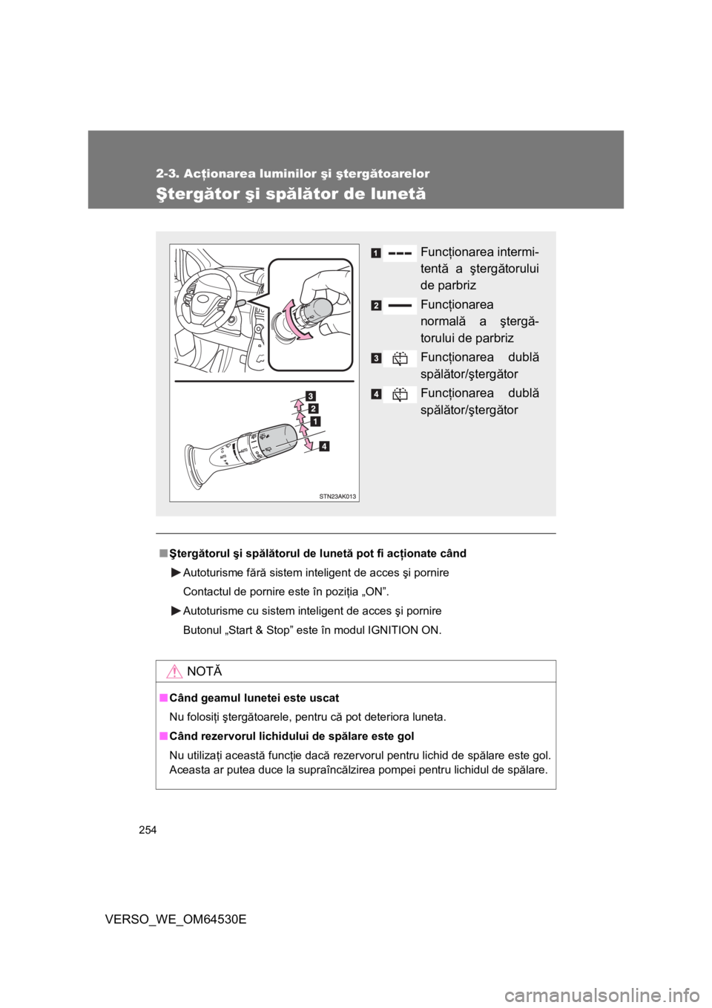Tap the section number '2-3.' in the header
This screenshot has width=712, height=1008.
[169, 174]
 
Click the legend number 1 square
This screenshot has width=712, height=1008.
[378, 253]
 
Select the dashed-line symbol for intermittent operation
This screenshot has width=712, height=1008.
[399, 253]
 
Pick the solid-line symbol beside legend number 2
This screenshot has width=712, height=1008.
[399, 305]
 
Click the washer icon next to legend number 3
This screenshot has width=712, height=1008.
[400, 359]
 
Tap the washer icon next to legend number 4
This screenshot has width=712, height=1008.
[400, 394]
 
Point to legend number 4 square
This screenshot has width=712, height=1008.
[378, 393]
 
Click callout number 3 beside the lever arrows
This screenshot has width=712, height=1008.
[308, 394]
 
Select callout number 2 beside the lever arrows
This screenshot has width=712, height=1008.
[314, 408]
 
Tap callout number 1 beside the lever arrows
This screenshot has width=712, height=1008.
[316, 421]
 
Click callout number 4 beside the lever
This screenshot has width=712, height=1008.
[324, 446]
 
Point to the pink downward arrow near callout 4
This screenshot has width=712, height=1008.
[307, 441]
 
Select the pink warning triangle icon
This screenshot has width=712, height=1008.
[175, 672]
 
